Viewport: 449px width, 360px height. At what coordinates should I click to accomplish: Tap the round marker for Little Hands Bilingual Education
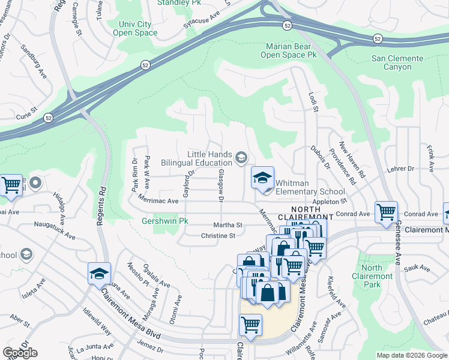pos(241,158)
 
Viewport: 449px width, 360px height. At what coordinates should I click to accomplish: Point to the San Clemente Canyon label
pos(397,62)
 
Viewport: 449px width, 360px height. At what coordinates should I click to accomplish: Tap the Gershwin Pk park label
pos(164,221)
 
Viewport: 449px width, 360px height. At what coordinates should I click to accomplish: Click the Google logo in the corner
pos(20,353)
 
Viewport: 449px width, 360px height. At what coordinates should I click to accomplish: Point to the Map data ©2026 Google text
pos(412,355)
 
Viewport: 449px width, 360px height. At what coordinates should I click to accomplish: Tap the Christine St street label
pos(218,236)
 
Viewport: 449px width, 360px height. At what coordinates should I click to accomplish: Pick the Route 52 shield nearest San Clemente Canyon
pos(378,38)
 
